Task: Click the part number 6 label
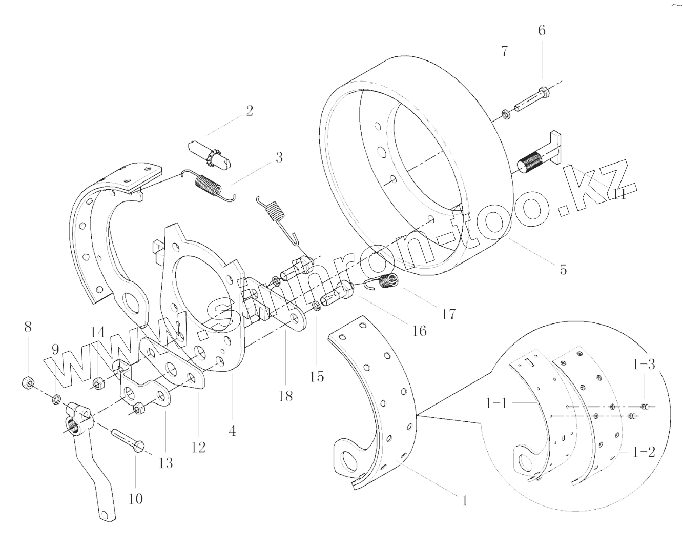coord(542,30)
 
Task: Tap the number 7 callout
coord(505,52)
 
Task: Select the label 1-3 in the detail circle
coord(644,365)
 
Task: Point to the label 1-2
coord(644,453)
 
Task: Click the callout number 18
coord(285,396)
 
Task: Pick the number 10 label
coord(136,498)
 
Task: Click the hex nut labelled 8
coord(28,382)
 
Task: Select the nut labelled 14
coord(97,383)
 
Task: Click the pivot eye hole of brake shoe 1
coord(349,460)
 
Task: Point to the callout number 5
coord(563,269)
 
